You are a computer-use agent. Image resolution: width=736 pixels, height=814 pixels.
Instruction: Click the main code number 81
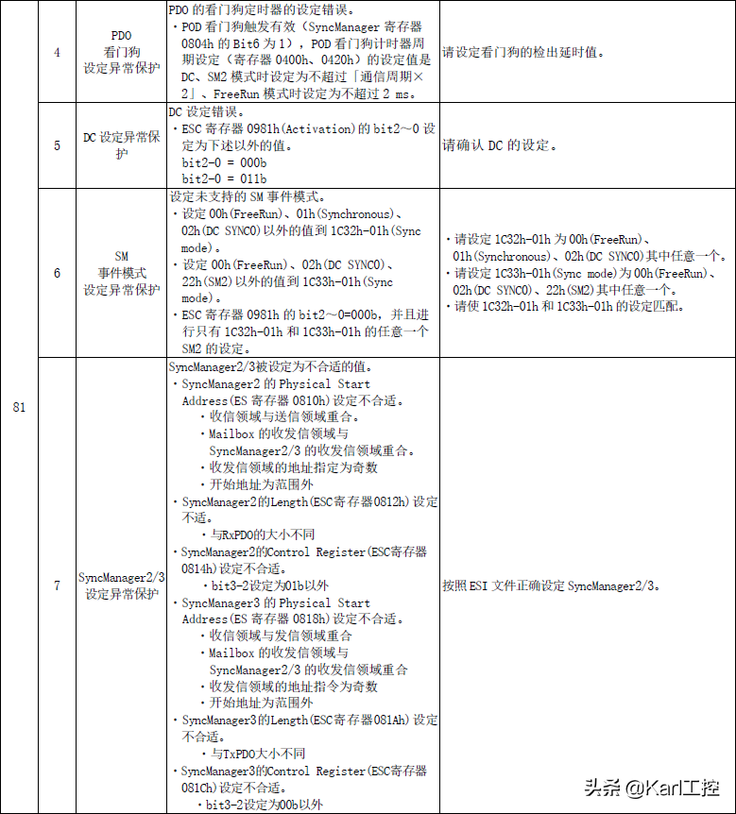click(20, 407)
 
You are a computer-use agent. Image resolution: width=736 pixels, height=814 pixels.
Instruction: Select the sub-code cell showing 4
click(57, 53)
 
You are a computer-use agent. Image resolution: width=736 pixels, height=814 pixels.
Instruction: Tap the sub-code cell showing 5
click(57, 145)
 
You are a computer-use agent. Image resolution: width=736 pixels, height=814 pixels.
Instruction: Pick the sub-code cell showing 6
click(57, 273)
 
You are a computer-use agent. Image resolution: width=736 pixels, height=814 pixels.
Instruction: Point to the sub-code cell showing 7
click(57, 585)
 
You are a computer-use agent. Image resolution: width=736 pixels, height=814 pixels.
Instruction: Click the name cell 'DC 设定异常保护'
click(121, 145)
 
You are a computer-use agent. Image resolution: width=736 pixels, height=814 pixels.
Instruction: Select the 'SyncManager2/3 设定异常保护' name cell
click(121, 585)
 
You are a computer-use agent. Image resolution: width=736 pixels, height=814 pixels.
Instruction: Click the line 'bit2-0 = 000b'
click(224, 163)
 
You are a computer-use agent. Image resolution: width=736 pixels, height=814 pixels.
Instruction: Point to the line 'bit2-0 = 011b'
click(224, 178)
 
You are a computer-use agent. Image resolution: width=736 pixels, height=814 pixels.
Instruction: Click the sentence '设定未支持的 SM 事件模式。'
click(248, 198)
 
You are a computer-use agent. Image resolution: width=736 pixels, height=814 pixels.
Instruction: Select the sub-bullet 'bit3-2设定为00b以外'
click(265, 805)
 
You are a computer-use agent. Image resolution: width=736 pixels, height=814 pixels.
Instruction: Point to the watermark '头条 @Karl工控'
click(651, 787)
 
